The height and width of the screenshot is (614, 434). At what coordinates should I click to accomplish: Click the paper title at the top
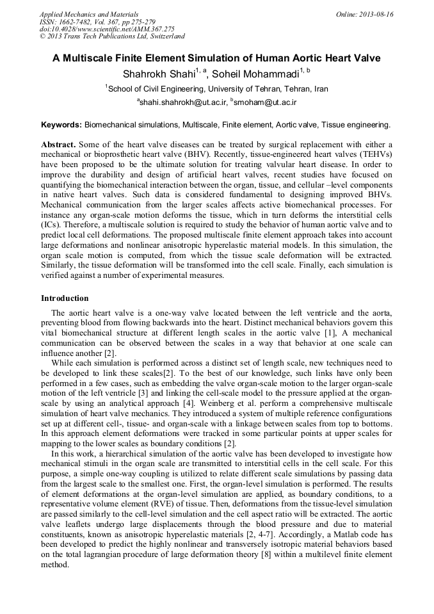216,58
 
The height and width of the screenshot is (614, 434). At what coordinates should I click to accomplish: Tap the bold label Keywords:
61,124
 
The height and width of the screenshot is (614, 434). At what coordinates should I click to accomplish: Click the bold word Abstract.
58,145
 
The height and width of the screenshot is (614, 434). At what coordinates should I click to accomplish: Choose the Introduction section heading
65,298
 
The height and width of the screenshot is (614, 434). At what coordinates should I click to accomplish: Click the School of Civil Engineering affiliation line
218,89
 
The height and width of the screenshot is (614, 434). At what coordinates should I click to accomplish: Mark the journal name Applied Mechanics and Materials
89,14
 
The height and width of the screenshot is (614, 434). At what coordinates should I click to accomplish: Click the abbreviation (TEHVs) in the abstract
374,155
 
